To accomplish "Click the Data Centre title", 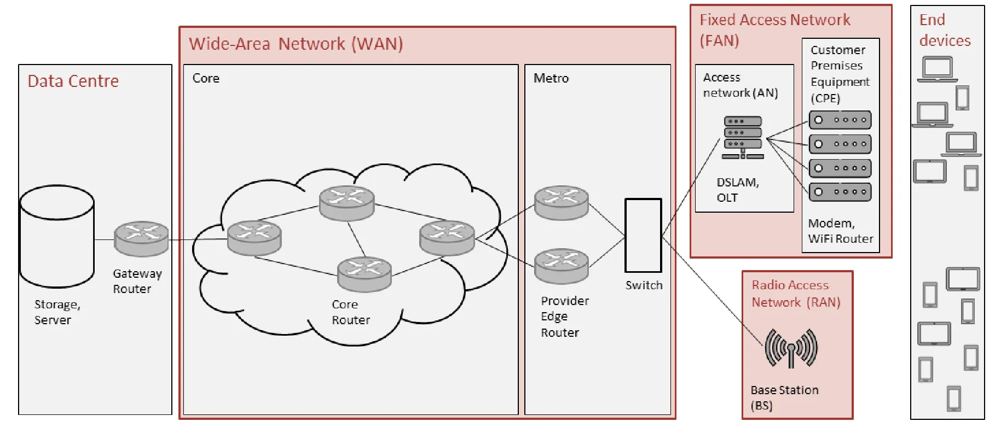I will coord(73,81).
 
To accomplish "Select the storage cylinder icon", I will coord(57,236).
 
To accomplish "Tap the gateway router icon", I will coord(141,239).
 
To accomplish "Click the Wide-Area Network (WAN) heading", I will coord(296,44).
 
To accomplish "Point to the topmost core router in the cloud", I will coord(347,203).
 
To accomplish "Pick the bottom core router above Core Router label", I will coord(365,274).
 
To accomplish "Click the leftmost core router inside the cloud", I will coord(254,238).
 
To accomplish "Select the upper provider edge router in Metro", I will coord(562,203).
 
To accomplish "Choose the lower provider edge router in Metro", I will coord(562,266).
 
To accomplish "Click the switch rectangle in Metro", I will coord(643,236).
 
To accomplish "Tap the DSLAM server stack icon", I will coord(743,138).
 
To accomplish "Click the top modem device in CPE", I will coord(840,120).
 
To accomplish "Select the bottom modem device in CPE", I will coord(840,192).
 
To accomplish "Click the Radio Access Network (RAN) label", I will coord(796,294).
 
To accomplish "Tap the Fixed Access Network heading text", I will coord(774,21).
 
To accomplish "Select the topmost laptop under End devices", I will coord(937,69).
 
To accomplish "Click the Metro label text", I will coord(551,79).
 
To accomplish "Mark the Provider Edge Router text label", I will coord(565,317).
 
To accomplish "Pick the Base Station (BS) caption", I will coord(784,397).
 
